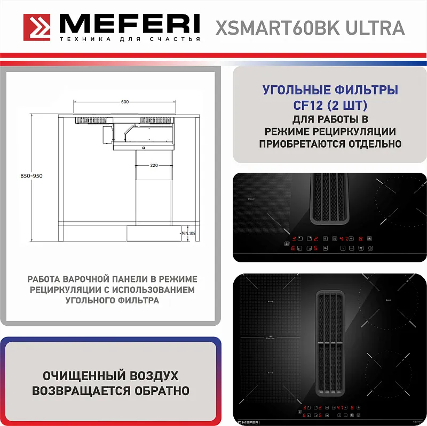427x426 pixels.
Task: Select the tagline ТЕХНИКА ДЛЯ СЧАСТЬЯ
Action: pos(130,39)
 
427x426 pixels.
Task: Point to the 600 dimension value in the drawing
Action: pos(125,101)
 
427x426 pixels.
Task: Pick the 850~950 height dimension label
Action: pos(31,176)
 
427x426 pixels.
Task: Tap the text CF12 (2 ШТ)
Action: pos(330,104)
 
